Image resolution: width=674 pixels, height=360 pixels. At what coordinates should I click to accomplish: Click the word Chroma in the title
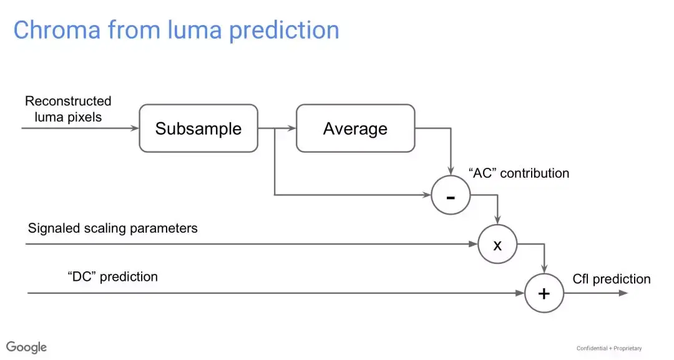[x=57, y=30]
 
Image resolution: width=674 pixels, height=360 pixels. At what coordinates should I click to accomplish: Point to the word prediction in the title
[x=284, y=31]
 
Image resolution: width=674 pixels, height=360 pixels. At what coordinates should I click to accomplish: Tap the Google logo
[x=26, y=347]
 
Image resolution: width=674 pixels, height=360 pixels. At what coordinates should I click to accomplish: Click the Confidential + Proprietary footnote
[x=609, y=348]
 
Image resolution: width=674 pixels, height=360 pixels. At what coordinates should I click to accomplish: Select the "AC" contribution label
[x=519, y=173]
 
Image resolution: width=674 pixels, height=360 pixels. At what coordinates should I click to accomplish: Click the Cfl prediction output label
[x=611, y=280]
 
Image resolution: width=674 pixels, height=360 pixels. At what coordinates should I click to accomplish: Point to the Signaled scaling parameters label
[x=112, y=228]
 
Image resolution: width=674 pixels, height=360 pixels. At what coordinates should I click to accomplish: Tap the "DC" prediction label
[x=112, y=276]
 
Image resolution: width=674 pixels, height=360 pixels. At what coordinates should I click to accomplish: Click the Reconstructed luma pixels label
[x=68, y=109]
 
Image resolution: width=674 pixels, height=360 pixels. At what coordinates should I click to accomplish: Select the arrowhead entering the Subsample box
[x=135, y=128]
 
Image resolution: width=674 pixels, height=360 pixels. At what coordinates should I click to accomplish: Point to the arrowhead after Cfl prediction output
[x=623, y=293]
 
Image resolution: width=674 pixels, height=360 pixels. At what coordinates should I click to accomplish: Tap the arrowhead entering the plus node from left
[x=520, y=293]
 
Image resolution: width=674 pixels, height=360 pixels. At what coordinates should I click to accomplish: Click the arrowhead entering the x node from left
[x=473, y=244]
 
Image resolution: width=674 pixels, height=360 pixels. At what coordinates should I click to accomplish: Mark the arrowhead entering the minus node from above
[x=451, y=171]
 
